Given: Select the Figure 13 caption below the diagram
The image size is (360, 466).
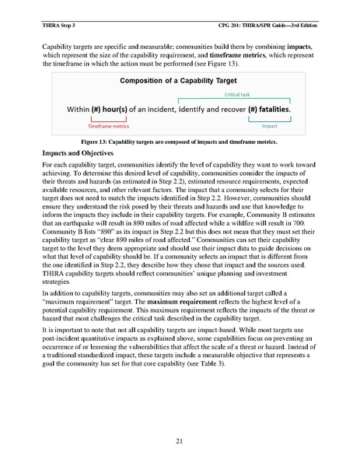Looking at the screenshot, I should (x=180, y=144).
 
